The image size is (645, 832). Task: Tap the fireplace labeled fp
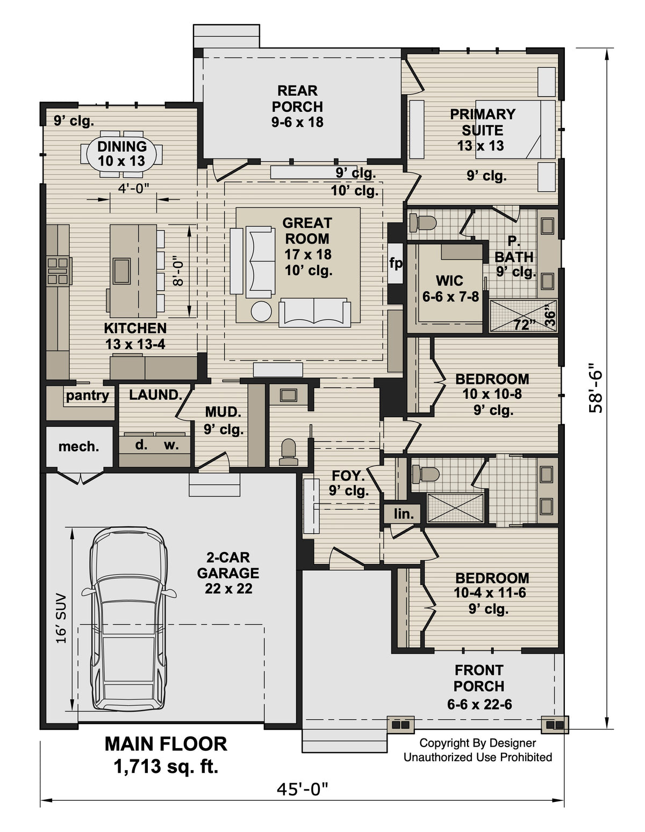(x=396, y=263)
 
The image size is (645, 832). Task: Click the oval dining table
(x=122, y=154)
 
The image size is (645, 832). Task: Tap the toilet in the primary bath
(x=423, y=222)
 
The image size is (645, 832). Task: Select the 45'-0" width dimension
(x=302, y=789)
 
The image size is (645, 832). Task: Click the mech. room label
(x=78, y=447)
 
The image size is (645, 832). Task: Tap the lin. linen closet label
(x=403, y=514)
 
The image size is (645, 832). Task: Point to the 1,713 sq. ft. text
(x=166, y=766)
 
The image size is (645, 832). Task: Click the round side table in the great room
(x=262, y=312)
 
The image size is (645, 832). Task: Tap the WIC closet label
(x=449, y=281)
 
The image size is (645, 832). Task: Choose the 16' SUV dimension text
(x=61, y=618)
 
